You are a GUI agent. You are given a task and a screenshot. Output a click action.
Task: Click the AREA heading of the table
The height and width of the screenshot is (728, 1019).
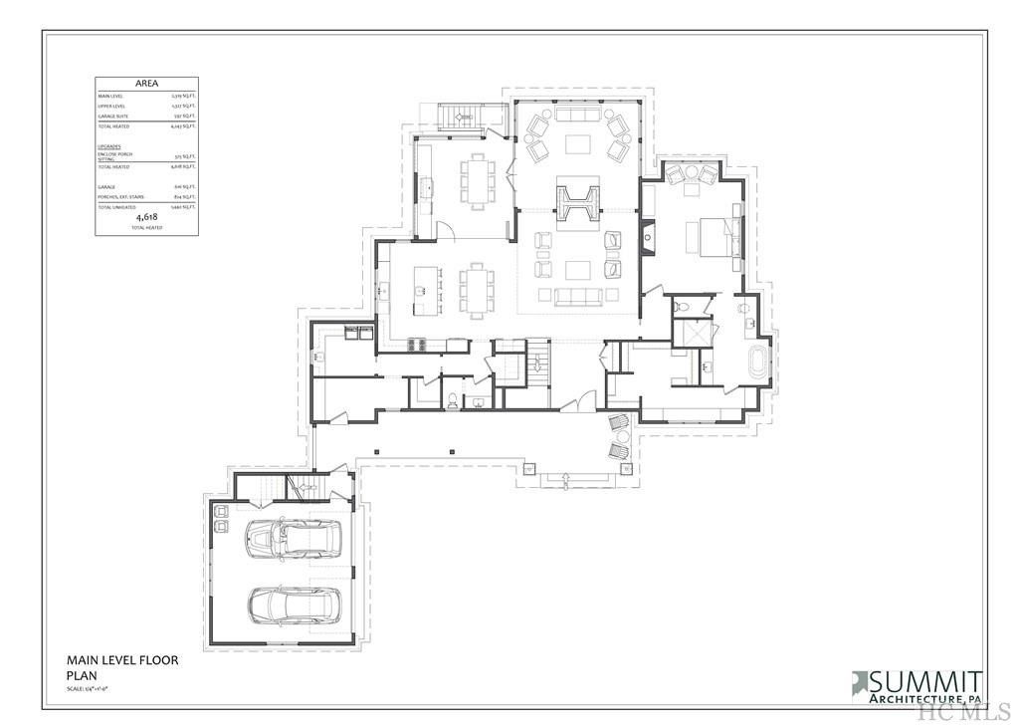pyautogui.click(x=146, y=85)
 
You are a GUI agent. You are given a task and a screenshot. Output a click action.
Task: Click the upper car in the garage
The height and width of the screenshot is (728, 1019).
pyautogui.click(x=292, y=539)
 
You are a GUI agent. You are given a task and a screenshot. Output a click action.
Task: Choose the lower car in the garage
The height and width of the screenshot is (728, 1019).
pyautogui.click(x=294, y=604)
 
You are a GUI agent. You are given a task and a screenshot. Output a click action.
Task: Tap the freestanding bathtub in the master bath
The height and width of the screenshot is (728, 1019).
pyautogui.click(x=756, y=364)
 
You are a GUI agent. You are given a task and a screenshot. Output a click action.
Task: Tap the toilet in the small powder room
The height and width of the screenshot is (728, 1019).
pyautogui.click(x=451, y=400)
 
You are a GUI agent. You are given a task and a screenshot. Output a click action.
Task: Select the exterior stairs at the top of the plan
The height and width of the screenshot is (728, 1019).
pyautogui.click(x=462, y=118)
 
